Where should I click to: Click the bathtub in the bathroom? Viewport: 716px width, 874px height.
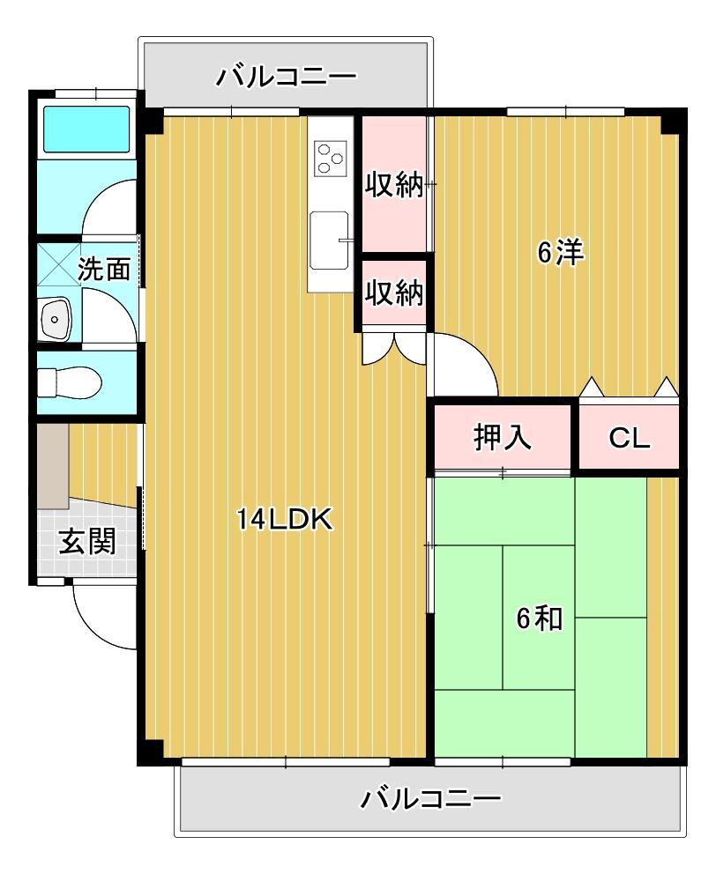point(86,130)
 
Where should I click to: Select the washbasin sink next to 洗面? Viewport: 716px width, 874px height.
point(56,318)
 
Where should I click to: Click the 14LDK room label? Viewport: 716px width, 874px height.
point(284,521)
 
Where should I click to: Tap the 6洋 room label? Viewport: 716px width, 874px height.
point(561,253)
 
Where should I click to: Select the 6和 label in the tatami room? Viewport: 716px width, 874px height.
point(539,618)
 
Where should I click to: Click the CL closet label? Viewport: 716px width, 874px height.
point(629,438)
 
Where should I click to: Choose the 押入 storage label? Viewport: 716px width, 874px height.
point(503,438)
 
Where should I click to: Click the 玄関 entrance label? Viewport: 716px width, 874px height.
point(87,541)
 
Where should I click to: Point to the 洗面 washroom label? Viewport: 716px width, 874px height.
point(104,269)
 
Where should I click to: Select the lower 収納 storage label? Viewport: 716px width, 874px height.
point(394,293)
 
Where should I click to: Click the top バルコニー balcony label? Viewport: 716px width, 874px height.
point(287,77)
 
